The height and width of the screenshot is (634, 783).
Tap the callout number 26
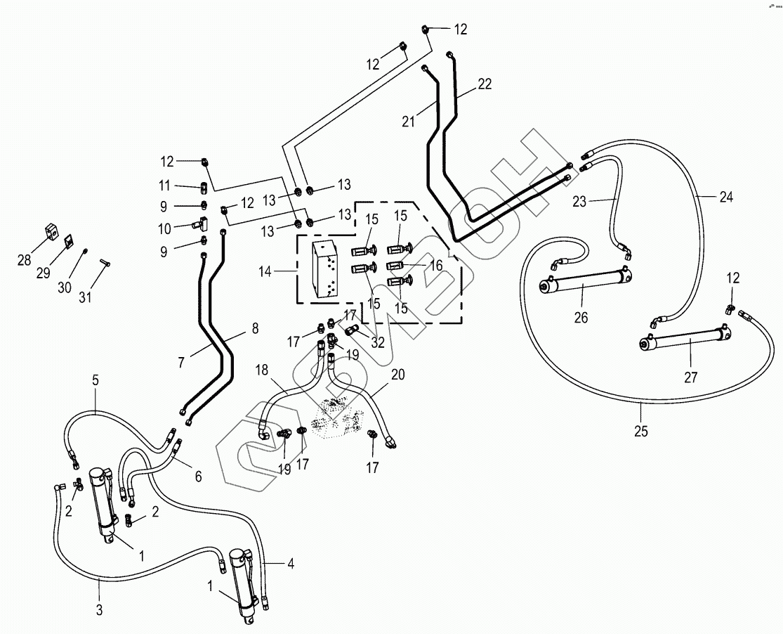coord(580,317)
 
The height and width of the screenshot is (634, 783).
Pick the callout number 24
coord(725,198)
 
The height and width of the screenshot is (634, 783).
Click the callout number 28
coord(25,261)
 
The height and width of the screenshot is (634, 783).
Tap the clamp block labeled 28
coord(51,231)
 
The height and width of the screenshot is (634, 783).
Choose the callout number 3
coord(99,609)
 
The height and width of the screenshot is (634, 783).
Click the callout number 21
coord(409,121)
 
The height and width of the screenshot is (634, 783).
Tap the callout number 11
coord(165,186)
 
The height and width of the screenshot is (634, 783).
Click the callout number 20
coord(398,375)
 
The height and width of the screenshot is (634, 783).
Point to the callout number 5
coord(96,380)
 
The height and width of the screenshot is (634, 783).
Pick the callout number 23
coord(579,202)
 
